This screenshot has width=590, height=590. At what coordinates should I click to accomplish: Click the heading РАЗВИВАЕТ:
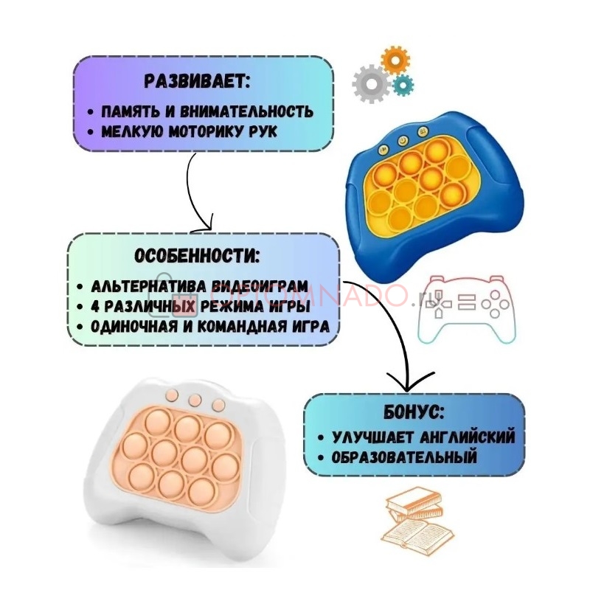(197, 81)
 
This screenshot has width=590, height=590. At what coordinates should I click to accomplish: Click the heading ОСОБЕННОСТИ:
(197, 256)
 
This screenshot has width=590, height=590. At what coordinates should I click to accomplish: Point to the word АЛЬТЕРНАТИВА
(147, 286)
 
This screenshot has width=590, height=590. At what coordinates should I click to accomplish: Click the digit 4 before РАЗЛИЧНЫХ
(95, 307)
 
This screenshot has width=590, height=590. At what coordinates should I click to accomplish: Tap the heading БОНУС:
(414, 413)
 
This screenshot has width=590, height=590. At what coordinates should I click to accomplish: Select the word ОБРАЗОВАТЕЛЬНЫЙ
(404, 457)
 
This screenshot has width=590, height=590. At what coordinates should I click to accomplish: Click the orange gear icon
(395, 60)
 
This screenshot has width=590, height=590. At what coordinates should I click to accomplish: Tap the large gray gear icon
(372, 84)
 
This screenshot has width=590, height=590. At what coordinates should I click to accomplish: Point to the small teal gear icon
(403, 85)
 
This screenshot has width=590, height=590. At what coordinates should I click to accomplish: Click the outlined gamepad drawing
(467, 309)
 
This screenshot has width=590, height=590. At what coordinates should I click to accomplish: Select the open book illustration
(420, 530)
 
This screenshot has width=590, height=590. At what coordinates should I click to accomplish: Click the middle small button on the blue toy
(403, 141)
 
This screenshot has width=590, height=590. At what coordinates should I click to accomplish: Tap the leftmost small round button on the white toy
(172, 395)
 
